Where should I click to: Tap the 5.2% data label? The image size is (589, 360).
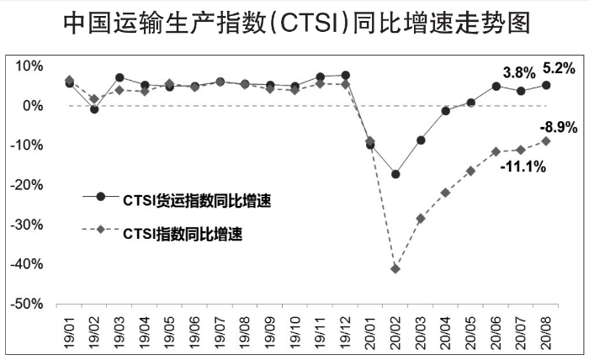[x=559, y=68]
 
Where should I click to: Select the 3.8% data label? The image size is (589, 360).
[x=519, y=73]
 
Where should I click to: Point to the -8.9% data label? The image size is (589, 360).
[x=558, y=127]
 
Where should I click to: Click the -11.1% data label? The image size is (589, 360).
[x=523, y=167]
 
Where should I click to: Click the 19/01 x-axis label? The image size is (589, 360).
[x=69, y=331]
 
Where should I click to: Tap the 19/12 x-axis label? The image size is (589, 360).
[x=346, y=331]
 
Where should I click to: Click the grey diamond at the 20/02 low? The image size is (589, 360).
[x=395, y=268]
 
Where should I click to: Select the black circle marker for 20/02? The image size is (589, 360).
[x=395, y=174]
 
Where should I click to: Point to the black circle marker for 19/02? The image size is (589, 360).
[x=94, y=109]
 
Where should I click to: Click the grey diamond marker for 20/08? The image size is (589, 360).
[x=546, y=140]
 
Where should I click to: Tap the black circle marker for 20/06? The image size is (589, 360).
[x=496, y=86]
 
